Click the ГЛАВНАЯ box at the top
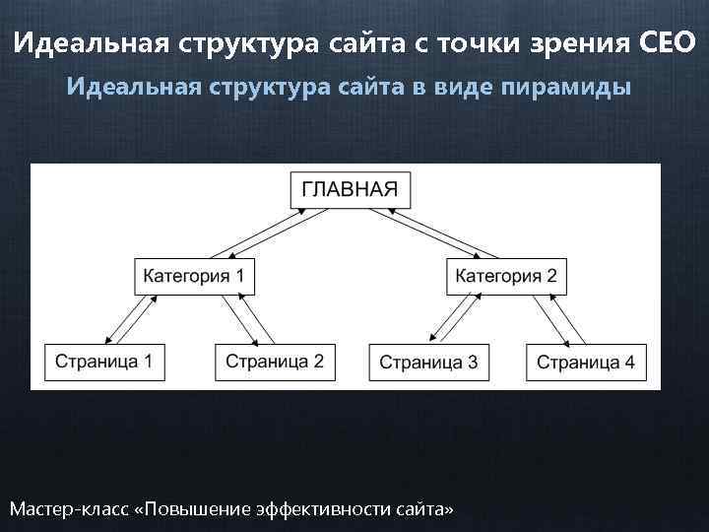pyautogui.click(x=351, y=189)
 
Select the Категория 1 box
pyautogui.click(x=194, y=275)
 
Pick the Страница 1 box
pyautogui.click(x=103, y=361)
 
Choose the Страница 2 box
pyautogui.click(x=275, y=361)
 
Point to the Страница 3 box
pyautogui.click(x=428, y=362)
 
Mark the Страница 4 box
pyautogui.click(x=586, y=362)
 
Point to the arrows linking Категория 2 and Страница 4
pyautogui.click(x=559, y=317)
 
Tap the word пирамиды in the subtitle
pyautogui.click(x=566, y=87)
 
